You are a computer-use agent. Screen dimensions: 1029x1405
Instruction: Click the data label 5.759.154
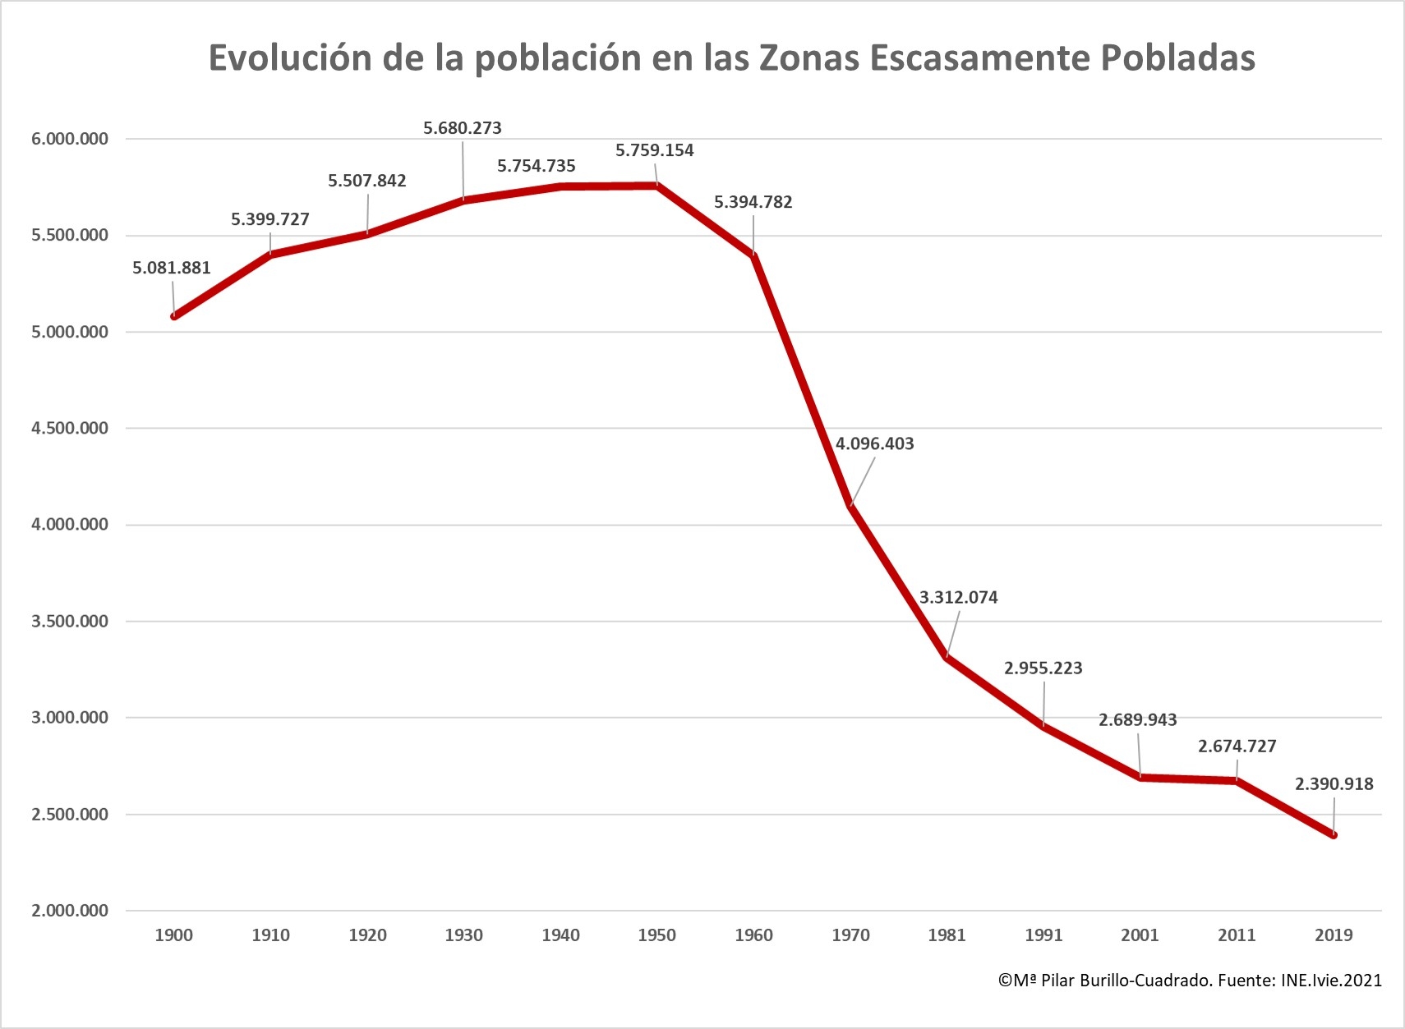coord(655,150)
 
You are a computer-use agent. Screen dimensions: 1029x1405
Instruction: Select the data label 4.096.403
coord(874,443)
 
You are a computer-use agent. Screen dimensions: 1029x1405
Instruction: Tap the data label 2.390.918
coord(1334,783)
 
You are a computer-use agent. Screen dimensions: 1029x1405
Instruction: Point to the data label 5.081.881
coord(172,268)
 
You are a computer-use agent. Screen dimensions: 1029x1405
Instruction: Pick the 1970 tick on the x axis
coord(850,935)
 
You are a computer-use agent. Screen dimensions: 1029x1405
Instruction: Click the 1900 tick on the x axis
coord(174,935)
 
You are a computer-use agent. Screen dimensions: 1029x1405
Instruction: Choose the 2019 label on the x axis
coord(1334,935)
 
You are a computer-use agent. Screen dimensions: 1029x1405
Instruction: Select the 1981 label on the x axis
coord(947,935)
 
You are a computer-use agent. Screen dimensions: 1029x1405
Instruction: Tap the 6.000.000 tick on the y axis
coord(70,139)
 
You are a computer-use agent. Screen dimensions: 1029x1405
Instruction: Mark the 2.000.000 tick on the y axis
coord(70,911)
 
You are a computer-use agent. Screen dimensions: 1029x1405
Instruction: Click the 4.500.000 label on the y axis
coord(70,428)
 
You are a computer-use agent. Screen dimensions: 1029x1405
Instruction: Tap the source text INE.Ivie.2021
coord(1331,980)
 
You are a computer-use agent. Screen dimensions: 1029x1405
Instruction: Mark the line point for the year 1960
coord(753,255)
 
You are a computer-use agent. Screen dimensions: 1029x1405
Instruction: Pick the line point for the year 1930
coord(464,200)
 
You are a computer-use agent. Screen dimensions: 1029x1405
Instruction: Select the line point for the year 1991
coord(1043,725)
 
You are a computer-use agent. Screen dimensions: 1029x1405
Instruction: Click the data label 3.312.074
coord(958,597)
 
